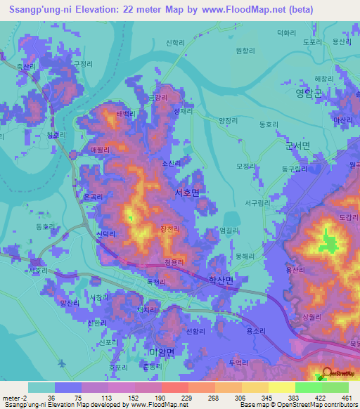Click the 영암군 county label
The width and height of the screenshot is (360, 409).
[309, 92]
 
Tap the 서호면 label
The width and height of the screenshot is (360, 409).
[186, 190]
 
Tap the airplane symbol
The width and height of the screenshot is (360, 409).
[62, 363]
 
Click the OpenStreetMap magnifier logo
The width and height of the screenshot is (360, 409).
[327, 373]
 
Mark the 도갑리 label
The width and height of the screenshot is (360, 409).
[348, 219]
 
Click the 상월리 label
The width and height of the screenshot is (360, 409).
[309, 318]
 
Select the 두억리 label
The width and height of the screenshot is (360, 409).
[238, 362]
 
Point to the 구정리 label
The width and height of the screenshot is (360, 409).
[83, 63]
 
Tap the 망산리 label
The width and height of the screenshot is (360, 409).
[70, 304]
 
